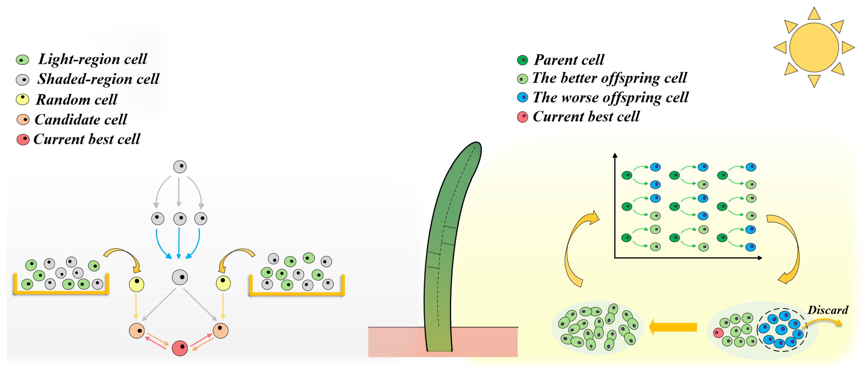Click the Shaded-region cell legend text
[98, 79]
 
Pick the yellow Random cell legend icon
[22, 99]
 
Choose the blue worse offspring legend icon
[522, 97]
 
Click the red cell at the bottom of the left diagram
[180, 348]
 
